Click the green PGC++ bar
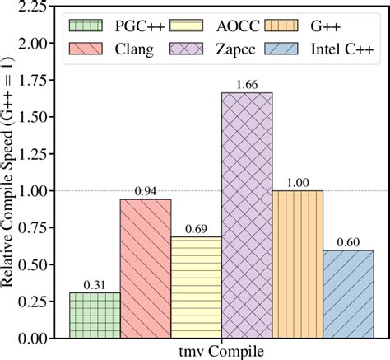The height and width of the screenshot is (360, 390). [x=95, y=315]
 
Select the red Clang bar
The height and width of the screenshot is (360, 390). [x=146, y=269]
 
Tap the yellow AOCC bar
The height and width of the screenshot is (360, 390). [x=196, y=287]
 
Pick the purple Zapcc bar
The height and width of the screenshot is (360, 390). [x=247, y=215]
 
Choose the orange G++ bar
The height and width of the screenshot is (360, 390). [x=297, y=264]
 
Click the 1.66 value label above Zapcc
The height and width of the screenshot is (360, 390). [x=247, y=85]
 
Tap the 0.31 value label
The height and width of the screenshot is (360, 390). [x=95, y=284]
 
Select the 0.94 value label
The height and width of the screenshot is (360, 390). [x=146, y=191]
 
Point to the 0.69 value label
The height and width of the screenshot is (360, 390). [x=196, y=228]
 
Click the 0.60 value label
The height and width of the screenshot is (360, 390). [x=348, y=241]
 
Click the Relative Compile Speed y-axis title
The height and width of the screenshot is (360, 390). [x=11, y=173]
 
